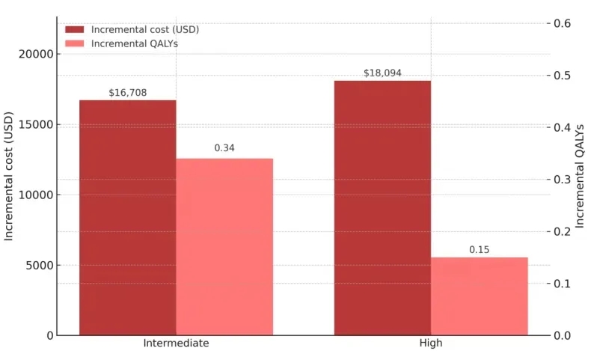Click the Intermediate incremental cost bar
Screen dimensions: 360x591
[128, 217]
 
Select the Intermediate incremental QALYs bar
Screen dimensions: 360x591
[224, 247]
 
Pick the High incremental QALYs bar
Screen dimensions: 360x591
[480, 296]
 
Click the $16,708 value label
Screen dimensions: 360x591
[128, 93]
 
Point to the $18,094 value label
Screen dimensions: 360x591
[382, 73]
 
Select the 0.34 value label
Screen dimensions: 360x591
[224, 148]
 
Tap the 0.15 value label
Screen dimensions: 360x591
[480, 249]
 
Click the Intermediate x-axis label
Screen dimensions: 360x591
[176, 343]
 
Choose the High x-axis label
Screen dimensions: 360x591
[431, 343]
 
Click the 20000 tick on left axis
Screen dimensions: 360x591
[35, 54]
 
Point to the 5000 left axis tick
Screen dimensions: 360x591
[38, 266]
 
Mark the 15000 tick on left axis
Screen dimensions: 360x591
[35, 124]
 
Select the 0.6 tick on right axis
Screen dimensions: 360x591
[563, 23]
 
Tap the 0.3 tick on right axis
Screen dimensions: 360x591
[563, 180]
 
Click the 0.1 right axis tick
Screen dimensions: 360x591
[563, 284]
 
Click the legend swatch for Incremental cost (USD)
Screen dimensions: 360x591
[75, 30]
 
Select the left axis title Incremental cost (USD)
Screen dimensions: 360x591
[10, 176]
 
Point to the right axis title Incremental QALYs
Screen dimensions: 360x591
[580, 176]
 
